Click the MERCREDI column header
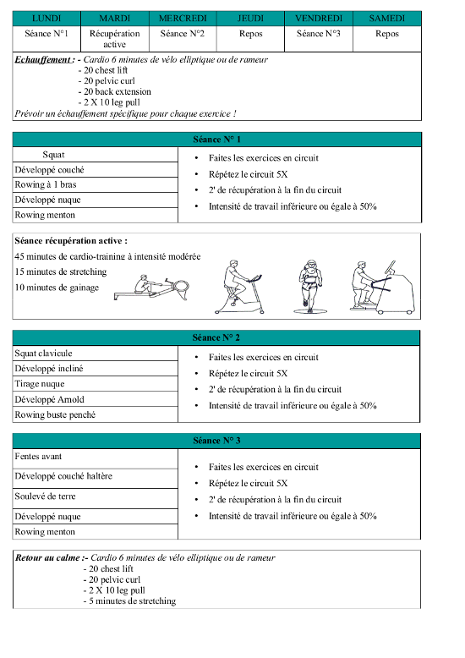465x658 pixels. pos(183,19)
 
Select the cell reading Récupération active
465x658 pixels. pos(115,39)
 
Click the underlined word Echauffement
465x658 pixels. pos(43,59)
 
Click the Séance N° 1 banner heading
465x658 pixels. pos(216,140)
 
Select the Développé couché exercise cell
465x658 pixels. pos(96,169)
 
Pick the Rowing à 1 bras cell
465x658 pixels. pos(96,184)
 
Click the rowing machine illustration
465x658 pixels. pos(151,288)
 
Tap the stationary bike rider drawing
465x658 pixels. pos(239,287)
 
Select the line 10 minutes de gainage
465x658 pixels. pos(57,288)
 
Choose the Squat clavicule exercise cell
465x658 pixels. pos(96,354)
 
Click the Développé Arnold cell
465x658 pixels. pos(96,399)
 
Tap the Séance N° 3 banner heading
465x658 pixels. pos(216,441)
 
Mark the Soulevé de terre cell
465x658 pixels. pos(96,498)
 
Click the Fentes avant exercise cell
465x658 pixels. pos(96,458)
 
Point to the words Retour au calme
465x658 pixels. pos(48,557)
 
